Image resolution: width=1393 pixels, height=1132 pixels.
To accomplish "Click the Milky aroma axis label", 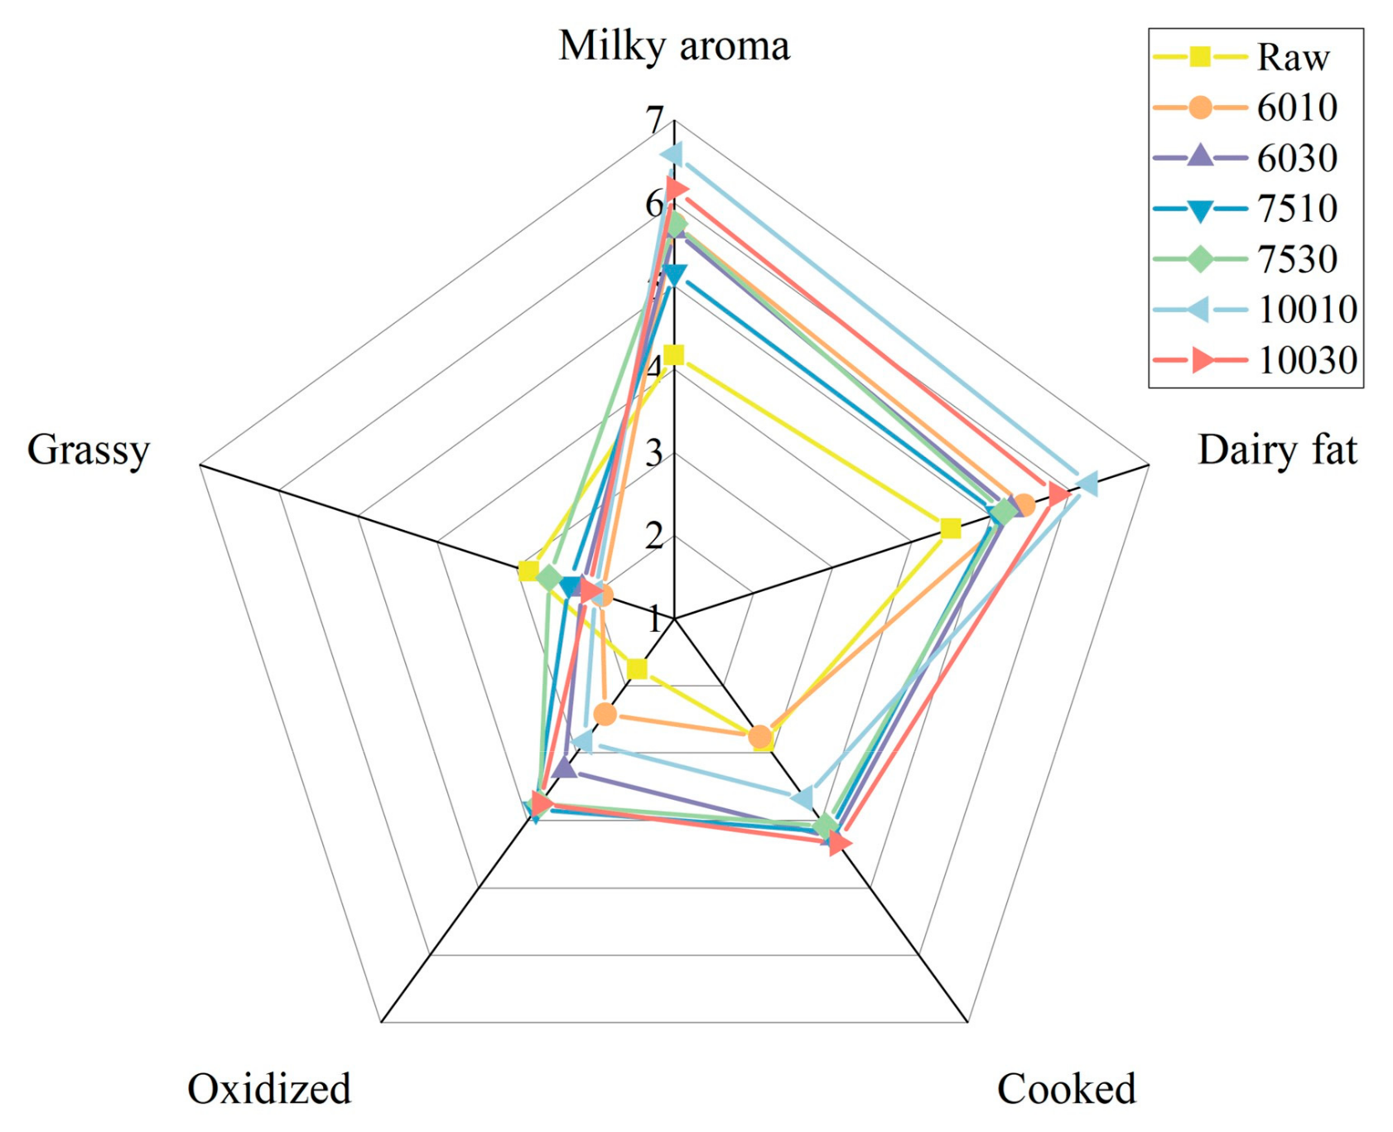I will pyautogui.click(x=673, y=46).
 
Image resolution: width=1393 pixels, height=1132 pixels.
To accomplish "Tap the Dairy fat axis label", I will pyautogui.click(x=1276, y=450).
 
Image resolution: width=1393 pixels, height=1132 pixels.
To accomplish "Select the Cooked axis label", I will pyautogui.click(x=1065, y=1088).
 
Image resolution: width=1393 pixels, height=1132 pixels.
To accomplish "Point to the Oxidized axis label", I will pyautogui.click(x=269, y=1088).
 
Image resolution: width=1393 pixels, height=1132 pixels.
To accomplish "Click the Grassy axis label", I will pyautogui.click(x=88, y=450).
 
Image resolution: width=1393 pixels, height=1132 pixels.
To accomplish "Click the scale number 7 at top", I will pyautogui.click(x=656, y=121).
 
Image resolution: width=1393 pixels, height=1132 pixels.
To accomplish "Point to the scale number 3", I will pyautogui.click(x=654, y=453).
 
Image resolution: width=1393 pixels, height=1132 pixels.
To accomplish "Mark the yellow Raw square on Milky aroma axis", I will pyautogui.click(x=674, y=355).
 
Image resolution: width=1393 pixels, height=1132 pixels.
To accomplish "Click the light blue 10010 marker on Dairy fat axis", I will pyautogui.click(x=1086, y=484).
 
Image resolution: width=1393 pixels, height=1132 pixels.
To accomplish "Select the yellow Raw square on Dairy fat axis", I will pyautogui.click(x=951, y=528).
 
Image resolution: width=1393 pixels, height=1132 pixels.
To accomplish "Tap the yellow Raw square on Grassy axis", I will pyautogui.click(x=528, y=571).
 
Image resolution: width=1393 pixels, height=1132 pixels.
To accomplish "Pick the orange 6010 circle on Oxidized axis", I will pyautogui.click(x=605, y=713).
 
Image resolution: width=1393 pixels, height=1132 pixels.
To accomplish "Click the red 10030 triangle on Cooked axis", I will pyautogui.click(x=838, y=843).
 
